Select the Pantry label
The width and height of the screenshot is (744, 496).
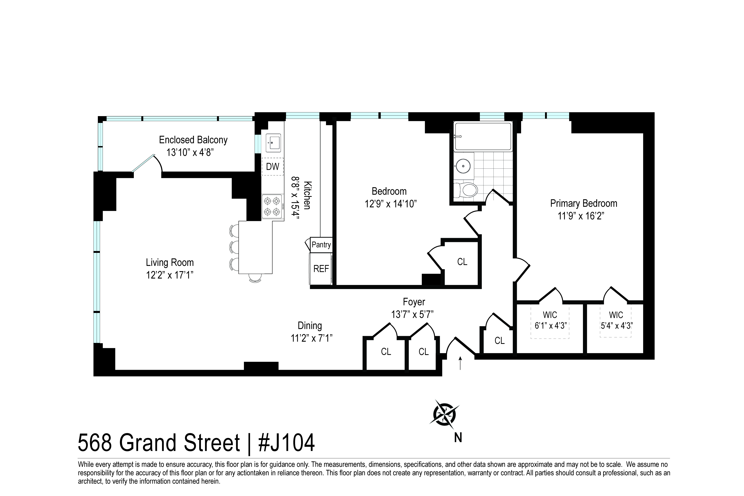[321, 244]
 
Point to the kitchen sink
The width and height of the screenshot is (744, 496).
[273, 143]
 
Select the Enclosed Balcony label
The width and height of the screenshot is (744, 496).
[193, 140]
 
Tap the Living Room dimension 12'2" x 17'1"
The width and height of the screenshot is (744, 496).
[170, 275]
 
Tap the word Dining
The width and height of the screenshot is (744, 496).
[310, 325]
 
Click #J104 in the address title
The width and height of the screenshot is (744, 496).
[287, 443]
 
